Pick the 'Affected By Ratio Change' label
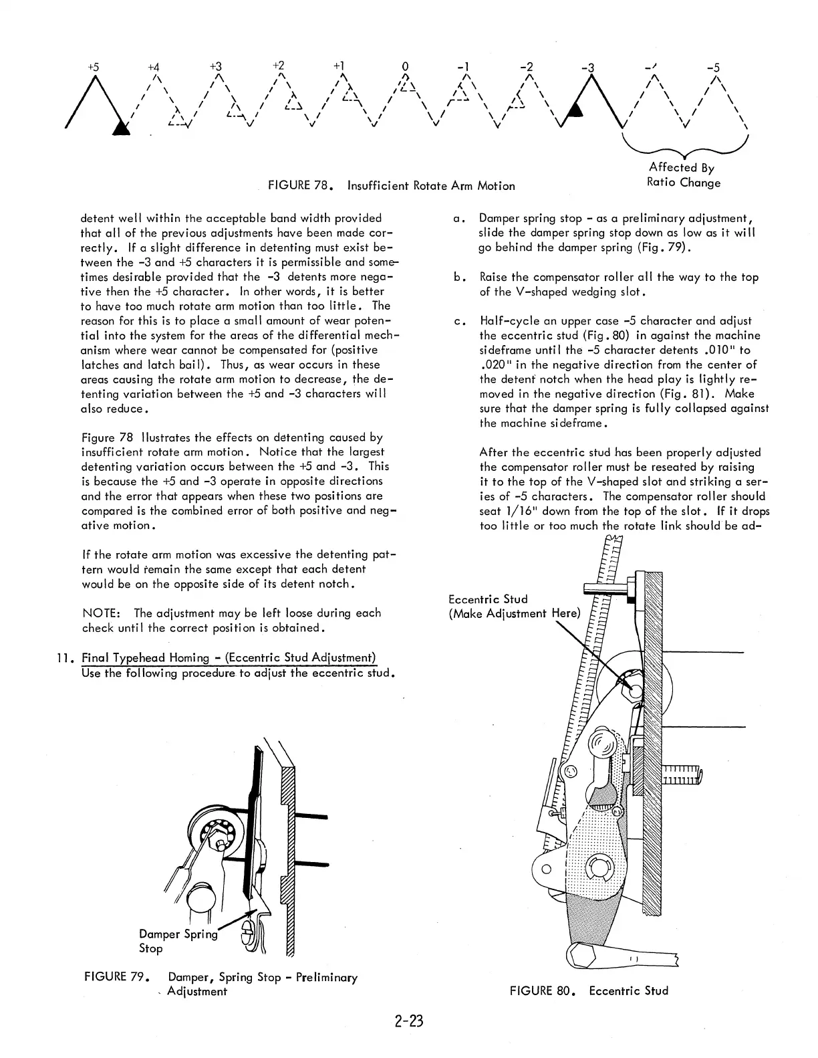click(x=684, y=175)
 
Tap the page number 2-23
click(x=409, y=1021)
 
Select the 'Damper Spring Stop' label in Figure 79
click(x=178, y=941)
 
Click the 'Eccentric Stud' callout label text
click(x=489, y=599)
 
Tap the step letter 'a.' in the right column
click(x=458, y=219)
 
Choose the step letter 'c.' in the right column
click(x=458, y=322)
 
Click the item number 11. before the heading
click(x=65, y=658)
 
